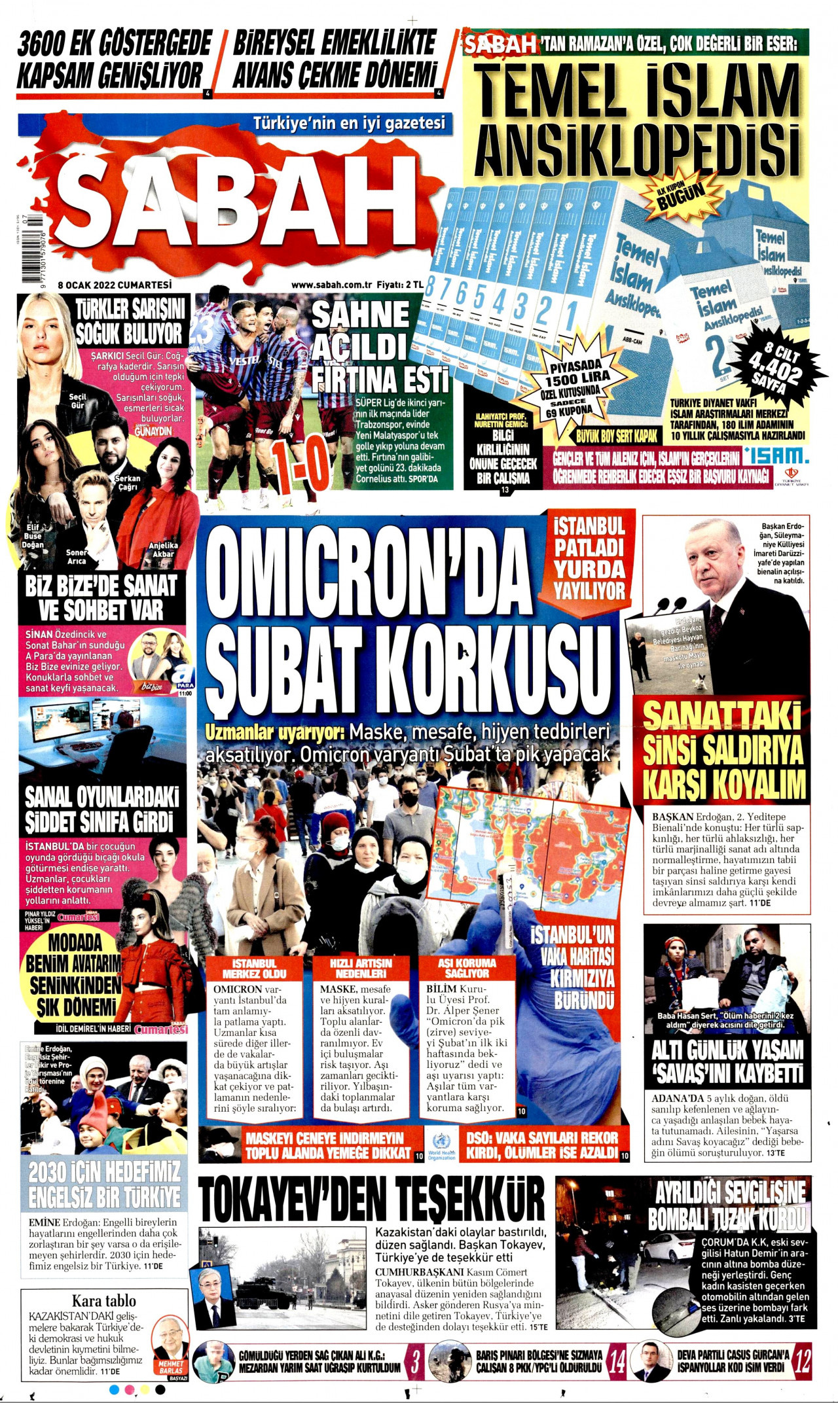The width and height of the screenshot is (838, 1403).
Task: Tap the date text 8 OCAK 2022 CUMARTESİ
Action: (115, 285)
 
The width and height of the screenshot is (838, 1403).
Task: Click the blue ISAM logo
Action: (776, 455)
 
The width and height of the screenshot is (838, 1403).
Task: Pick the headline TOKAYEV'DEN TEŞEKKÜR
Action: (372, 1198)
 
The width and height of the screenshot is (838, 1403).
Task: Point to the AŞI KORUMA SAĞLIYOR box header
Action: (467, 968)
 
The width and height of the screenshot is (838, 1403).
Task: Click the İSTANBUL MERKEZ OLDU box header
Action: (255, 968)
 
